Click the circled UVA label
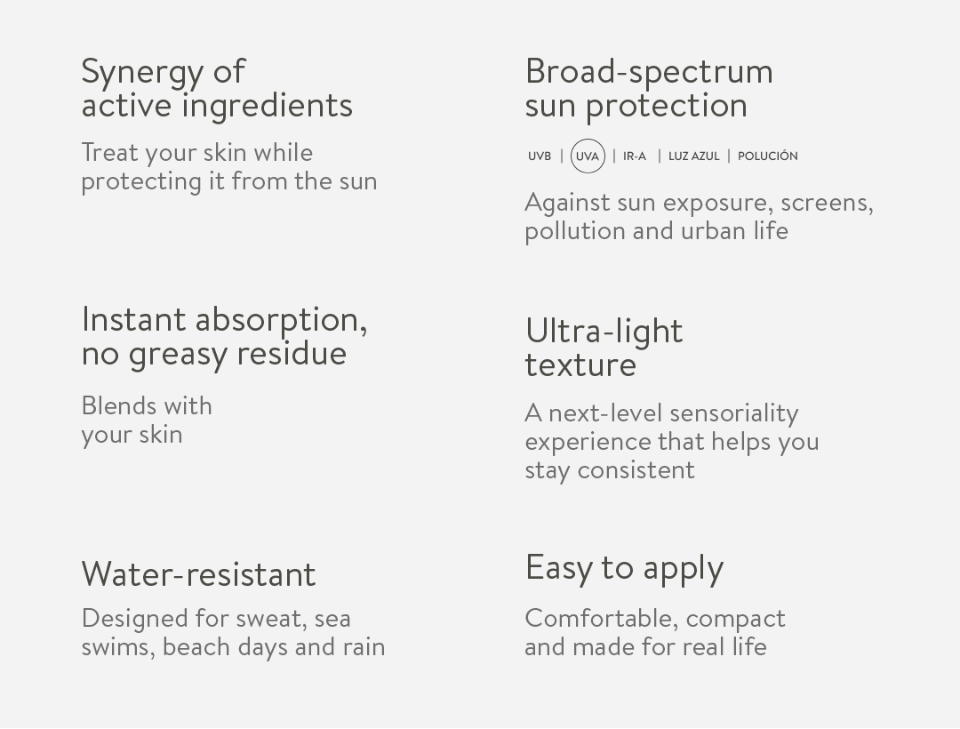[x=588, y=156]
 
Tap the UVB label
[x=540, y=156]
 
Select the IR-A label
[x=635, y=156]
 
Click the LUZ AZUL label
[x=693, y=156]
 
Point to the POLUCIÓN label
[x=768, y=156]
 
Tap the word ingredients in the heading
[x=268, y=107]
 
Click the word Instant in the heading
[x=133, y=319]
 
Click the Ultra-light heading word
[x=604, y=331]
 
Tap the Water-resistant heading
[x=198, y=574]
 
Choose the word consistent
[x=636, y=470]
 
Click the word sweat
[x=271, y=619]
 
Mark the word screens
[x=828, y=204]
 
